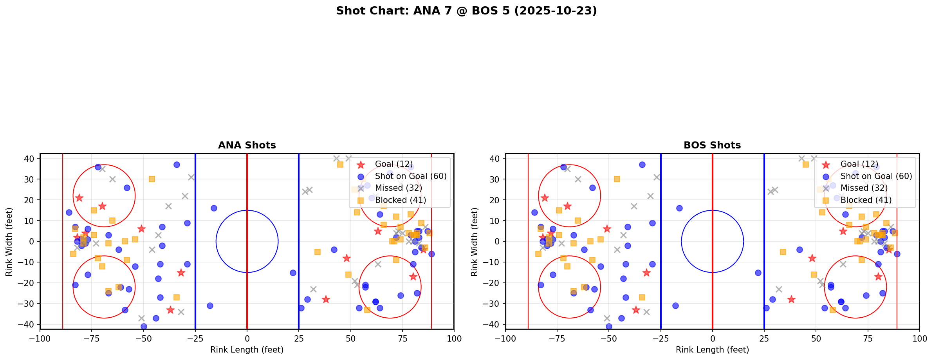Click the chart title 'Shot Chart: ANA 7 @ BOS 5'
click(466, 11)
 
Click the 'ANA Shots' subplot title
click(247, 145)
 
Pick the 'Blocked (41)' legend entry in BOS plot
click(866, 200)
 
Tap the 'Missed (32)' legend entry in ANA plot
click(398, 188)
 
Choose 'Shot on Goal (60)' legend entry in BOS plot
click(876, 176)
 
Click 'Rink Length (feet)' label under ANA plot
click(247, 350)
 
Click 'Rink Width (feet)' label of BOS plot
click(475, 242)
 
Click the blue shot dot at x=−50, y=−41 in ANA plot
click(144, 326)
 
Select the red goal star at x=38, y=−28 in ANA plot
click(326, 299)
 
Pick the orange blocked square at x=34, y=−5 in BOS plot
click(783, 252)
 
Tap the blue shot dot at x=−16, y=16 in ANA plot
click(214, 208)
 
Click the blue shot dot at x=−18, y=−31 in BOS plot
click(675, 306)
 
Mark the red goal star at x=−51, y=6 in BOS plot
click(607, 229)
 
